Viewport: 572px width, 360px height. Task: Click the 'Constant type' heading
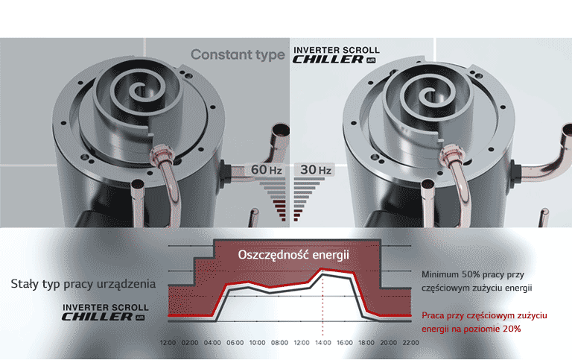238,54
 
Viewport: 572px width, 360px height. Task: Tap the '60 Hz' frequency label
267,170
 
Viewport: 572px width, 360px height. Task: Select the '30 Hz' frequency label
316,170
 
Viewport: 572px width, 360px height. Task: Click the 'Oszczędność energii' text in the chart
293,255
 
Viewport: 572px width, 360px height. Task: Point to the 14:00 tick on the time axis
322,342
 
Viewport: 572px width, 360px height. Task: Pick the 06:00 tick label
235,342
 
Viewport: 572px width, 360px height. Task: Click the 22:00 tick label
410,342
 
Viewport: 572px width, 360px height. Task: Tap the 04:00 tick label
212,342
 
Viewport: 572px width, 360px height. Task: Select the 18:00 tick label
366,342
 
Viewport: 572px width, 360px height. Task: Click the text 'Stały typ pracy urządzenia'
83,284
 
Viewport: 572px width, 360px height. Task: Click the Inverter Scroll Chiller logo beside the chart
105,312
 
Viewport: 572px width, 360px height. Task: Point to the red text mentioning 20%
484,322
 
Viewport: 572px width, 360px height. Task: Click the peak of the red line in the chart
322,270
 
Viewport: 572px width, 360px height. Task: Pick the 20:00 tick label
389,342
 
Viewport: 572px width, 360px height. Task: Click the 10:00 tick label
257,342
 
